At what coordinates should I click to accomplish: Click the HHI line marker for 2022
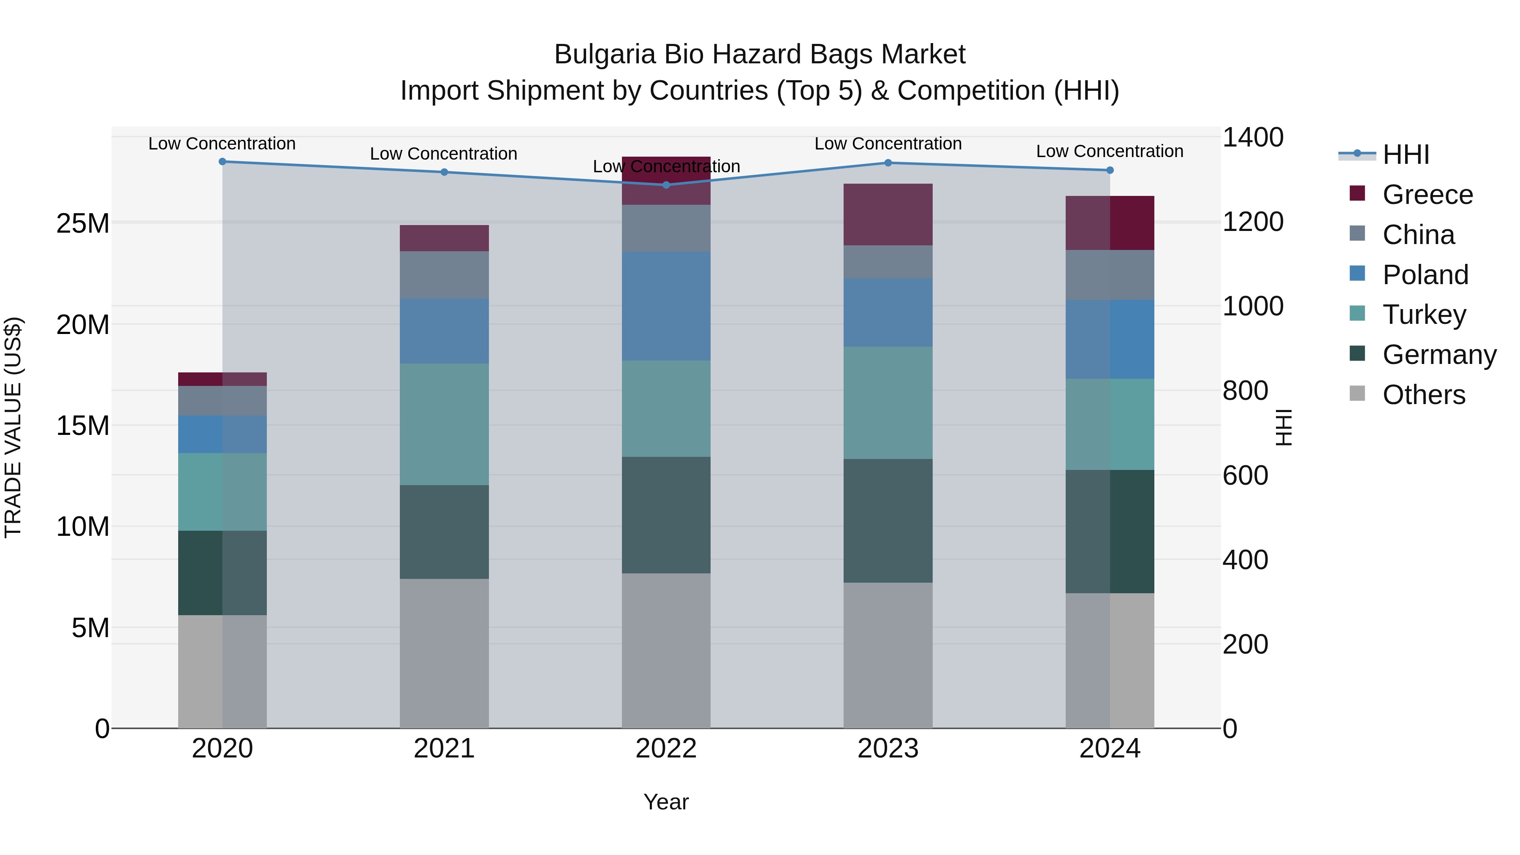[666, 185]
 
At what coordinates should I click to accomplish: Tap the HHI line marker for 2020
[223, 162]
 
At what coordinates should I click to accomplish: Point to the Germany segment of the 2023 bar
[888, 521]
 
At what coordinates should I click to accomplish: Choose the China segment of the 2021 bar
[444, 275]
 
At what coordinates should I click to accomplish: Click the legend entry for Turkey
[1423, 315]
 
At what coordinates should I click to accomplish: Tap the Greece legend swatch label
[1427, 195]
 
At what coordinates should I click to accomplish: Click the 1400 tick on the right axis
[1252, 138]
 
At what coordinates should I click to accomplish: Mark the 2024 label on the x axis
[1109, 749]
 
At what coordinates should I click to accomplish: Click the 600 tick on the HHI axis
[1245, 475]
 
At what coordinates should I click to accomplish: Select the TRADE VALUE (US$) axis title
[14, 427]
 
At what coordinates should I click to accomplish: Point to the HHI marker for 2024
[1109, 170]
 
